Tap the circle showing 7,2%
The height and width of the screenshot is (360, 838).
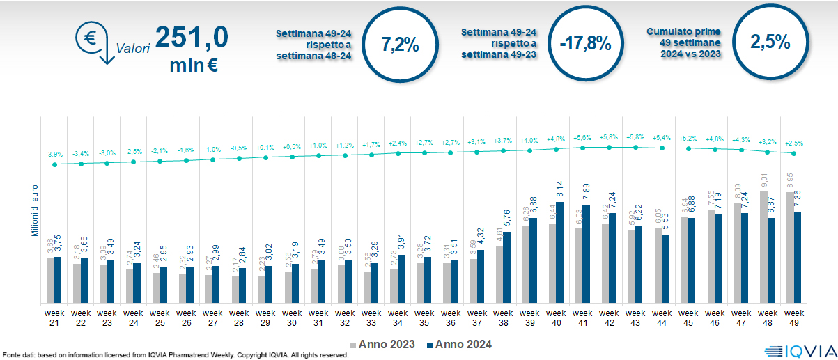point(400,45)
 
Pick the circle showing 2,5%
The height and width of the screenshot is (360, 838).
point(770,42)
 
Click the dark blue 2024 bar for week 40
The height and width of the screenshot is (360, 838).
point(559,253)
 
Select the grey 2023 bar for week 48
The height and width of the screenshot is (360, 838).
point(762,247)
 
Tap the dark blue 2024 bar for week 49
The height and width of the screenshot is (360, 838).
point(798,257)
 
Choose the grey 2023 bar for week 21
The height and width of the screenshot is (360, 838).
point(50,280)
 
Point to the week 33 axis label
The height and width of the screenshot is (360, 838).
point(371,318)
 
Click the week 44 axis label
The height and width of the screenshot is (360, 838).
point(662,318)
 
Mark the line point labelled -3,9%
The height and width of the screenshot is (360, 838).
point(54,164)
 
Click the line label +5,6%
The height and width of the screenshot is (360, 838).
point(583,137)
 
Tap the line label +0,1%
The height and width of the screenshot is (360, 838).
point(265,148)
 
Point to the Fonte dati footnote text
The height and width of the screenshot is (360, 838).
point(174,355)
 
